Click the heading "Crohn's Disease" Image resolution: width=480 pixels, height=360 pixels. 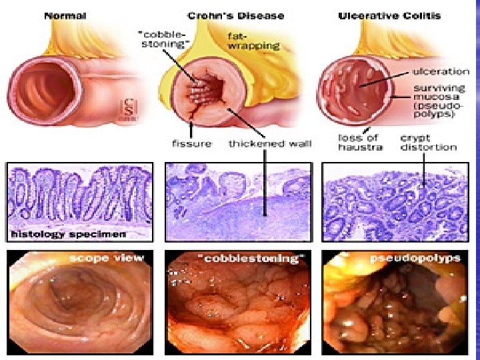tap(227, 15)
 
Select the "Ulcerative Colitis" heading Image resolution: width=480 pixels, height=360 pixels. tap(398, 15)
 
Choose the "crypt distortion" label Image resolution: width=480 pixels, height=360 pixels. tap(428, 142)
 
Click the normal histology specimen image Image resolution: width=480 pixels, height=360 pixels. tap(79, 197)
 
